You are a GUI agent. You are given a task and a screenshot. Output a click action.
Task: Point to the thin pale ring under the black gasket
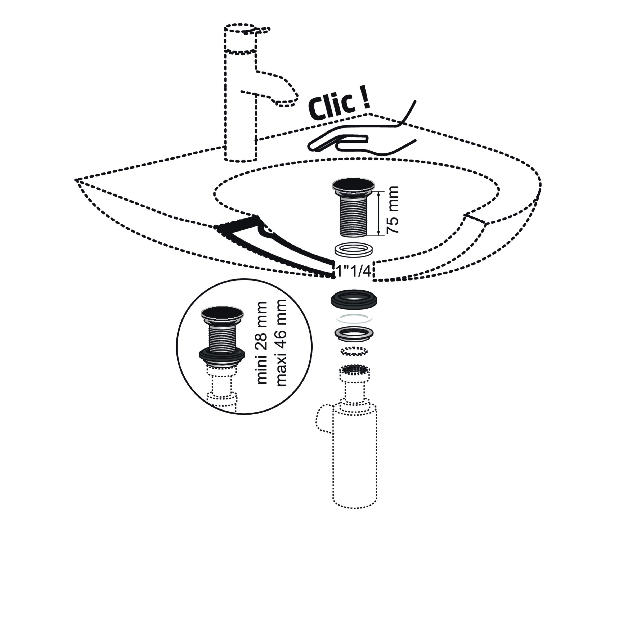pyautogui.click(x=354, y=318)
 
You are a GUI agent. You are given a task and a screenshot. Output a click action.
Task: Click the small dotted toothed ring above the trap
pyautogui.click(x=354, y=351)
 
